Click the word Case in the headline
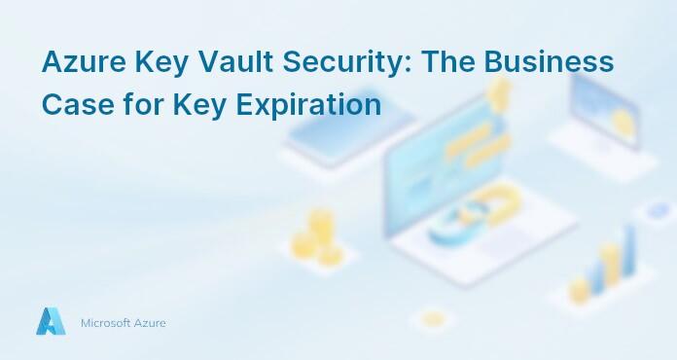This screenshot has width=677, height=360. pos(72,103)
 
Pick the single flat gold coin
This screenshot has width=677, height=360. pos(434,318)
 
